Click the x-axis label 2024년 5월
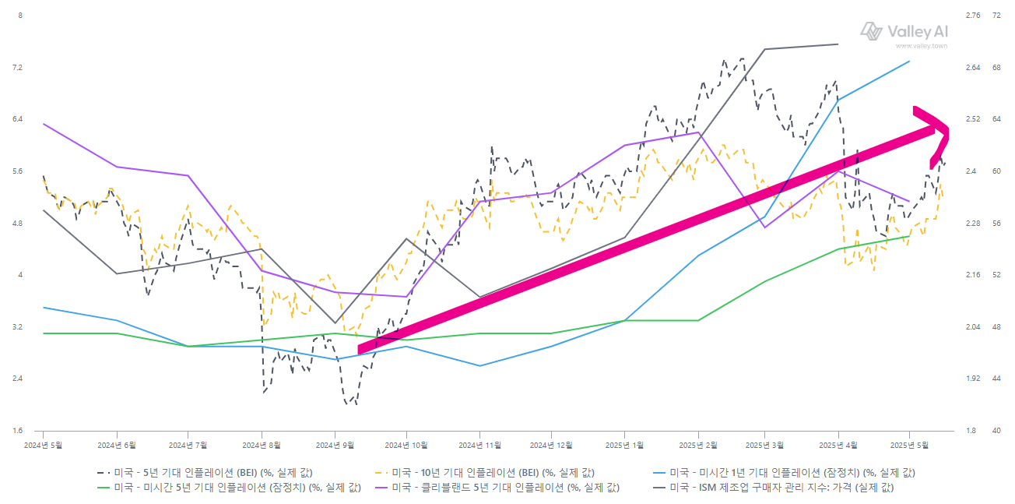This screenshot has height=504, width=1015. (43, 445)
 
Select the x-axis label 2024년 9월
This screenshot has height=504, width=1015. (335, 445)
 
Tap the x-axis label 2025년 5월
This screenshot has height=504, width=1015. (909, 445)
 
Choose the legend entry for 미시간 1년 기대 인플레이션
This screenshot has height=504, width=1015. (786, 473)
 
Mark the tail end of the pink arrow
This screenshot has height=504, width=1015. (360, 350)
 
